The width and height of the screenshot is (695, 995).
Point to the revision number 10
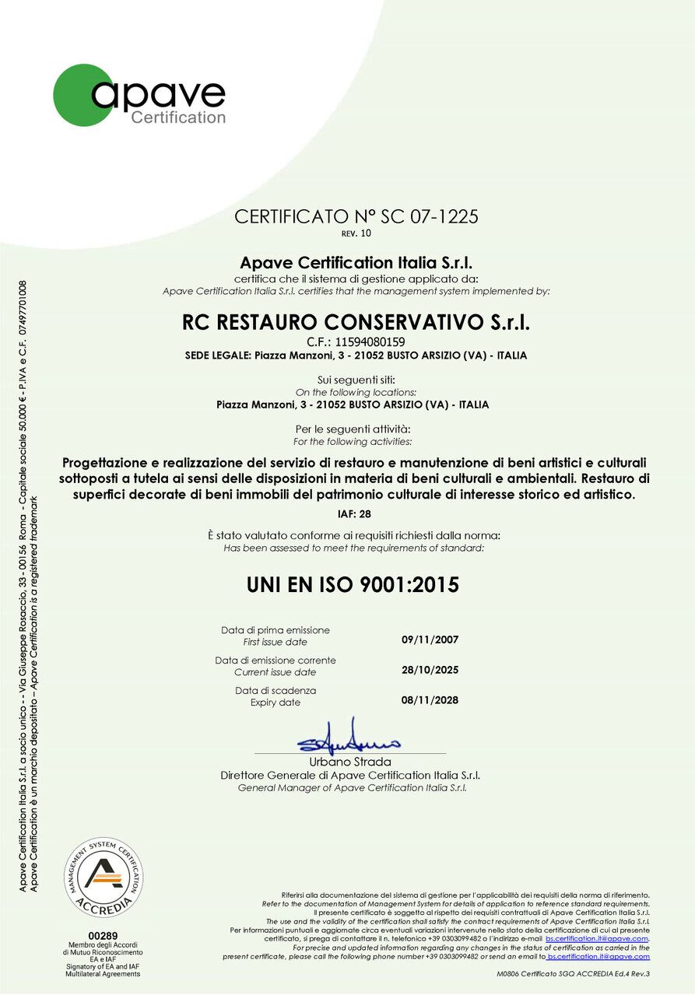pyautogui.click(x=367, y=233)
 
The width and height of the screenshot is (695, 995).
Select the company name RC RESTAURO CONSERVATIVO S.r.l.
pyautogui.click(x=356, y=321)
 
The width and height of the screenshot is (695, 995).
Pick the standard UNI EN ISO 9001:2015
pyautogui.click(x=353, y=584)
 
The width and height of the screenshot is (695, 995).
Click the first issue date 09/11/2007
pyautogui.click(x=430, y=639)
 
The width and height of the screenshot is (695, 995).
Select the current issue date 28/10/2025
pyautogui.click(x=430, y=670)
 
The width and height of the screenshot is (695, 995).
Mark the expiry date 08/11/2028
pyautogui.click(x=430, y=700)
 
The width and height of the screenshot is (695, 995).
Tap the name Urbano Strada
pyautogui.click(x=350, y=762)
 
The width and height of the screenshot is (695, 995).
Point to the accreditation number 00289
pyautogui.click(x=104, y=935)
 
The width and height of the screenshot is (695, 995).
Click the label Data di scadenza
pyautogui.click(x=276, y=691)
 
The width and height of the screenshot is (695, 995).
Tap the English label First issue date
pyautogui.click(x=276, y=643)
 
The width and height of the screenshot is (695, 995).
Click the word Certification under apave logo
pyautogui.click(x=178, y=117)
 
